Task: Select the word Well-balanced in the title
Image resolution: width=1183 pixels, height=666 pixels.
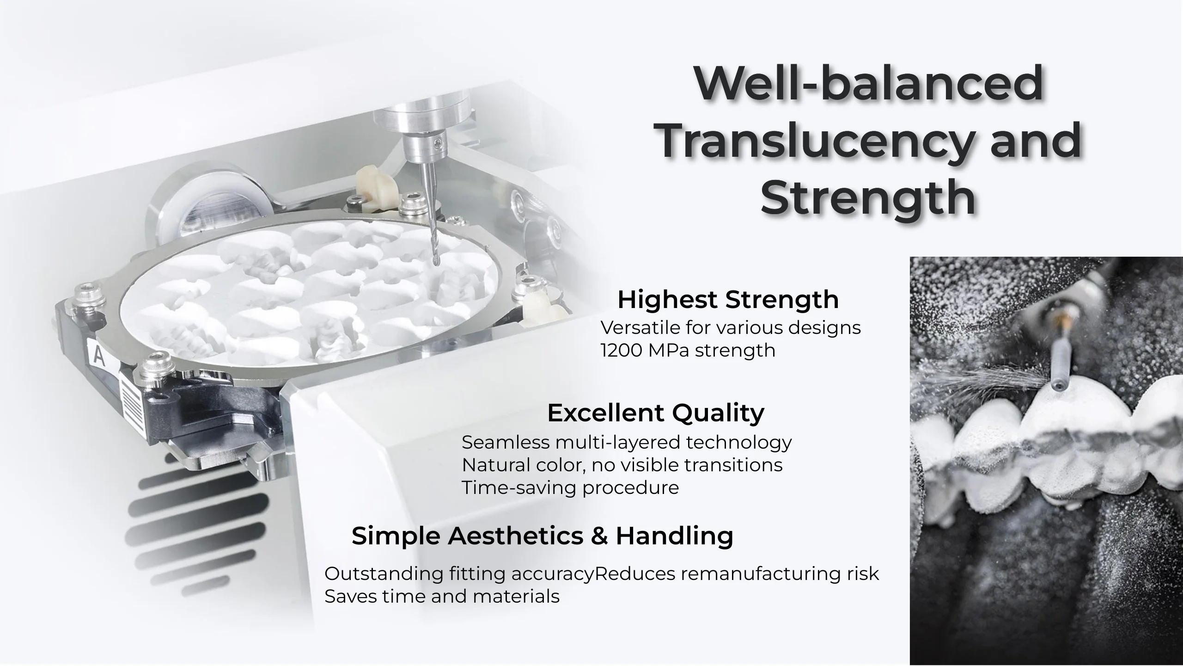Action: [869, 83]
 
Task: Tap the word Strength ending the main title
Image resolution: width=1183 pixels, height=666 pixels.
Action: [868, 197]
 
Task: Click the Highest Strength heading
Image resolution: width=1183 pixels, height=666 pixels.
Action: [728, 299]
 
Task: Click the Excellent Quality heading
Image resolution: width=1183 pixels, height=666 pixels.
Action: [656, 413]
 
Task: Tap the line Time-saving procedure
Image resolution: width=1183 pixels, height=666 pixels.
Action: [570, 487]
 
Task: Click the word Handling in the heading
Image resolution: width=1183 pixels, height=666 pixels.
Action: [674, 536]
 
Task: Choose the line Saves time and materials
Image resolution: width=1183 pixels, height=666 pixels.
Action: [442, 597]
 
